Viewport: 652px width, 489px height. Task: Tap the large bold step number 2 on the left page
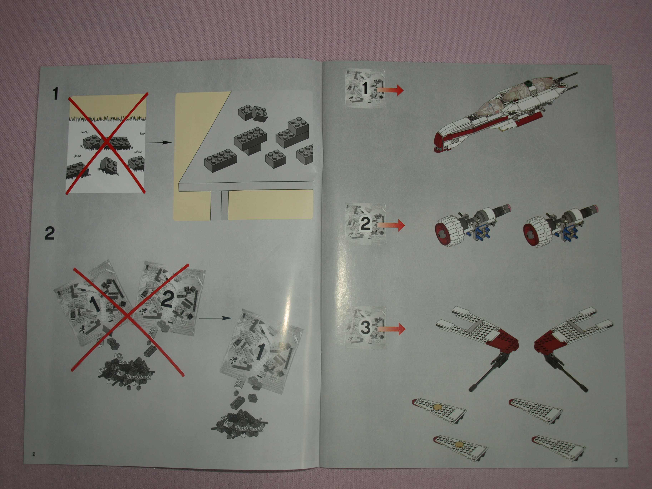(x=50, y=233)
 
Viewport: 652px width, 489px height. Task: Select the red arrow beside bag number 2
(x=391, y=225)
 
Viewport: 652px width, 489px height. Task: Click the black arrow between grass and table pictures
(x=159, y=143)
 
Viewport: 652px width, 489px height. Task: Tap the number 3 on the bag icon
(x=365, y=327)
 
